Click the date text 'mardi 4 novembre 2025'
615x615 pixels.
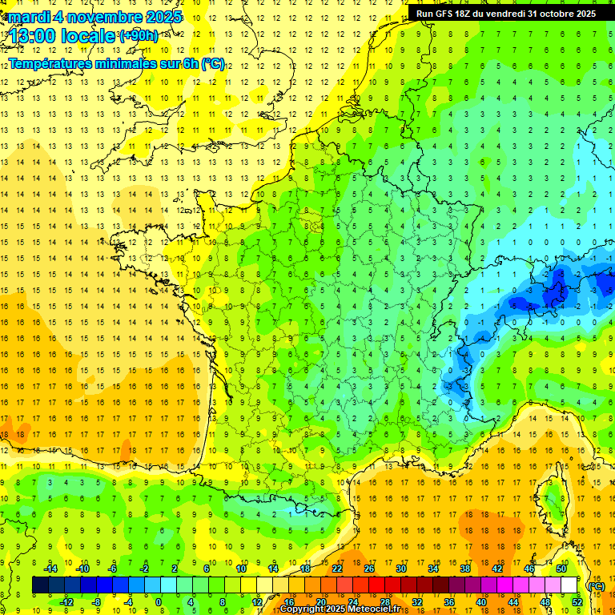tap(95, 17)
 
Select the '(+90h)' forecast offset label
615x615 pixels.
tap(139, 36)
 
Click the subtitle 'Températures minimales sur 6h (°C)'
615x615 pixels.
tap(117, 63)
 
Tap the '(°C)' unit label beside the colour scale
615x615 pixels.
tap(596, 585)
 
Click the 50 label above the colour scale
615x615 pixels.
tap(561, 569)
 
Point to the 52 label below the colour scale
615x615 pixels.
tap(577, 602)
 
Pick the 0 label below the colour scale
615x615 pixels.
tap(159, 602)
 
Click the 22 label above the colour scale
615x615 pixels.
tap(337, 569)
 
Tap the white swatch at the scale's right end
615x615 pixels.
tap(569, 585)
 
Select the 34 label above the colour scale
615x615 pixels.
tap(433, 569)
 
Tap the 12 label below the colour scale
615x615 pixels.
tap(257, 602)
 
